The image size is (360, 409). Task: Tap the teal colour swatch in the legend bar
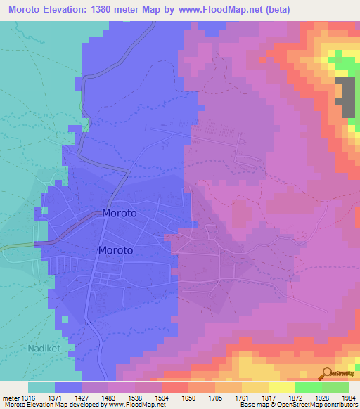41,387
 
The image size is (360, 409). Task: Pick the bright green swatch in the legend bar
308,387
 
